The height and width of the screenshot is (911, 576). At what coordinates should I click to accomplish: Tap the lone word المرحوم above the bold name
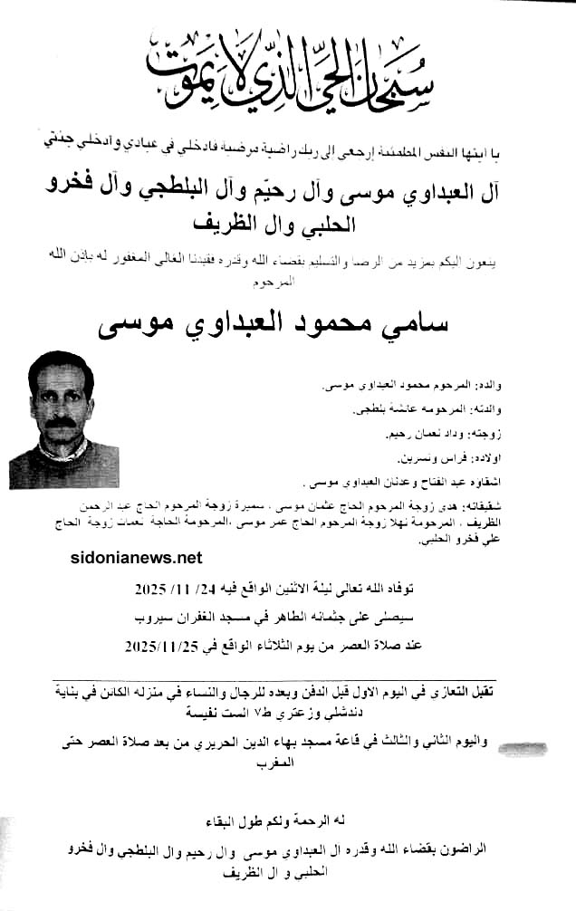coord(289,283)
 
